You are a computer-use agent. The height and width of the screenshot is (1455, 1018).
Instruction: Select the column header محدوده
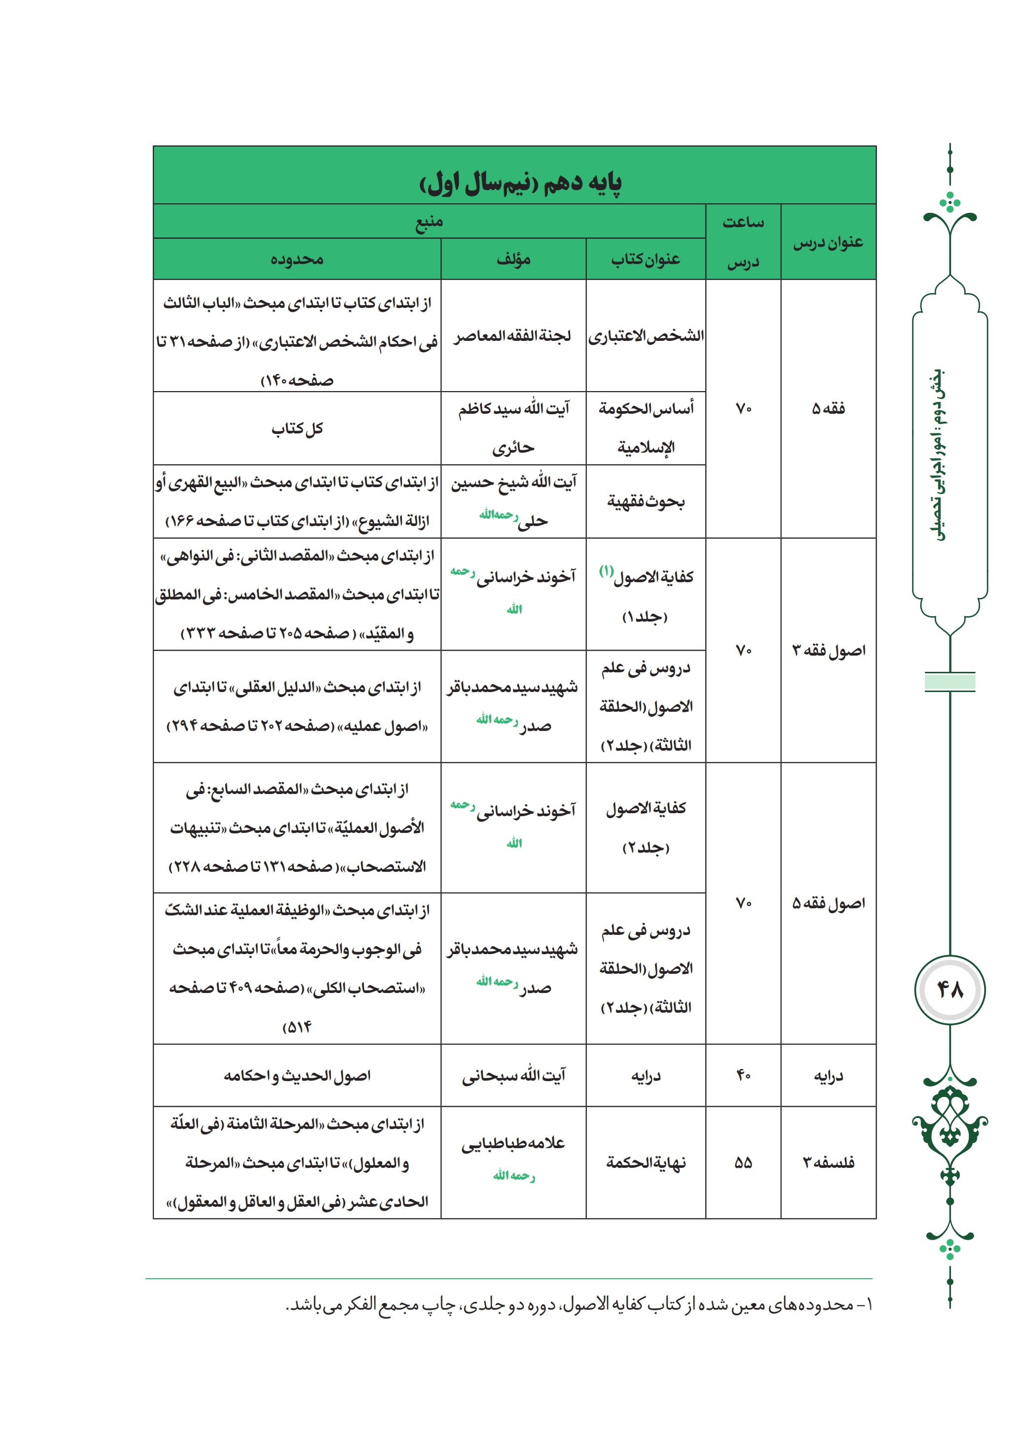click(x=297, y=259)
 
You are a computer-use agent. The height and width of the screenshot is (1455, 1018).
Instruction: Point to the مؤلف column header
click(x=513, y=259)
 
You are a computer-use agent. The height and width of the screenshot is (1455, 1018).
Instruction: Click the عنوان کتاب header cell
click(x=645, y=259)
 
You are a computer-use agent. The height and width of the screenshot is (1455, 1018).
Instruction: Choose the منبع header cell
click(x=429, y=222)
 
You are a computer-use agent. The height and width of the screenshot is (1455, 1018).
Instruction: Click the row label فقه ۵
click(x=828, y=409)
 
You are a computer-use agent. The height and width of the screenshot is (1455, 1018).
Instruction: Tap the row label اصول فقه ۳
click(x=828, y=651)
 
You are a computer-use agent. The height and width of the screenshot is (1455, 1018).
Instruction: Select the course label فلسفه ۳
click(x=828, y=1162)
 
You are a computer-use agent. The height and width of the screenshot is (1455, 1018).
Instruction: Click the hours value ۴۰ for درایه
click(x=743, y=1075)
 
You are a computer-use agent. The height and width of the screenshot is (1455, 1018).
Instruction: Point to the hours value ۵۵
click(x=743, y=1162)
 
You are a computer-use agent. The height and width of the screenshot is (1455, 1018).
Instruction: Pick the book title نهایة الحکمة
click(x=645, y=1162)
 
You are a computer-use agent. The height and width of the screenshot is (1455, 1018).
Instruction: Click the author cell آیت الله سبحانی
click(x=513, y=1075)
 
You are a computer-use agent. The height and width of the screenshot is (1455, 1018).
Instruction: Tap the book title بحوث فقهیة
click(x=645, y=502)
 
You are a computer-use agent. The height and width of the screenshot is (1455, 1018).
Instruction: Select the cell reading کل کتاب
click(x=297, y=429)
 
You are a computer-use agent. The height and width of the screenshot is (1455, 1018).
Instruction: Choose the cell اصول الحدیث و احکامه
click(x=297, y=1075)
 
